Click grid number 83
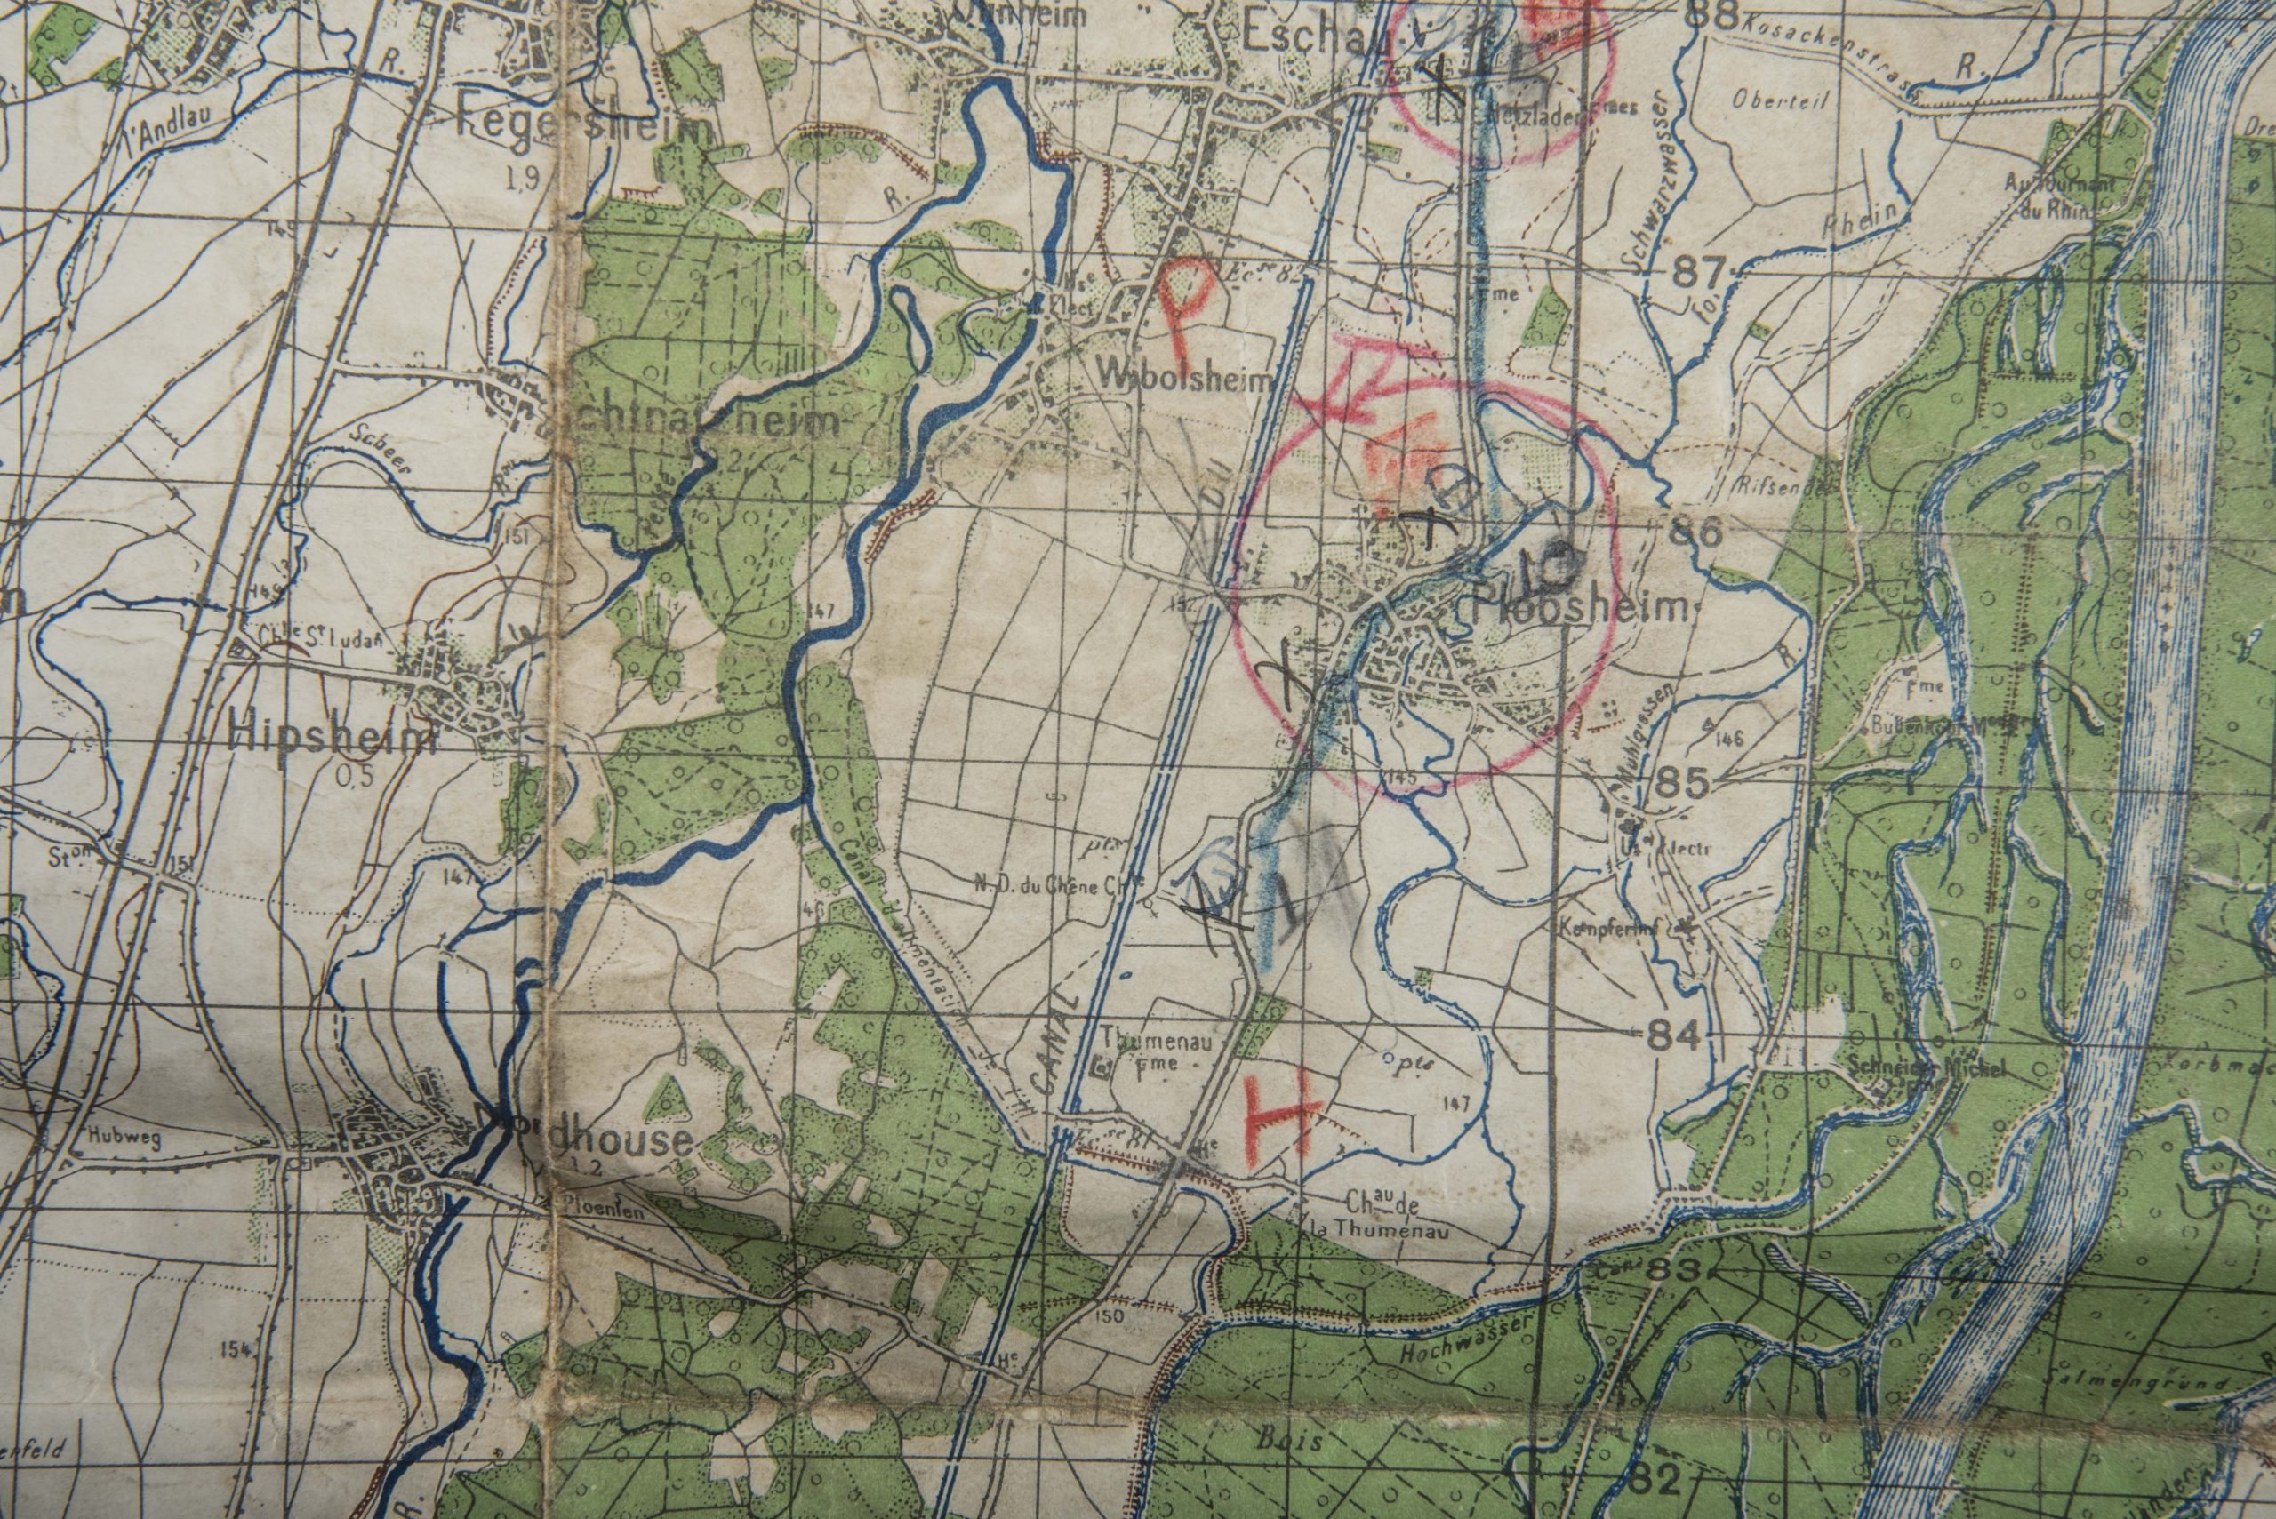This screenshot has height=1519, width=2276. click(1673, 1272)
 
